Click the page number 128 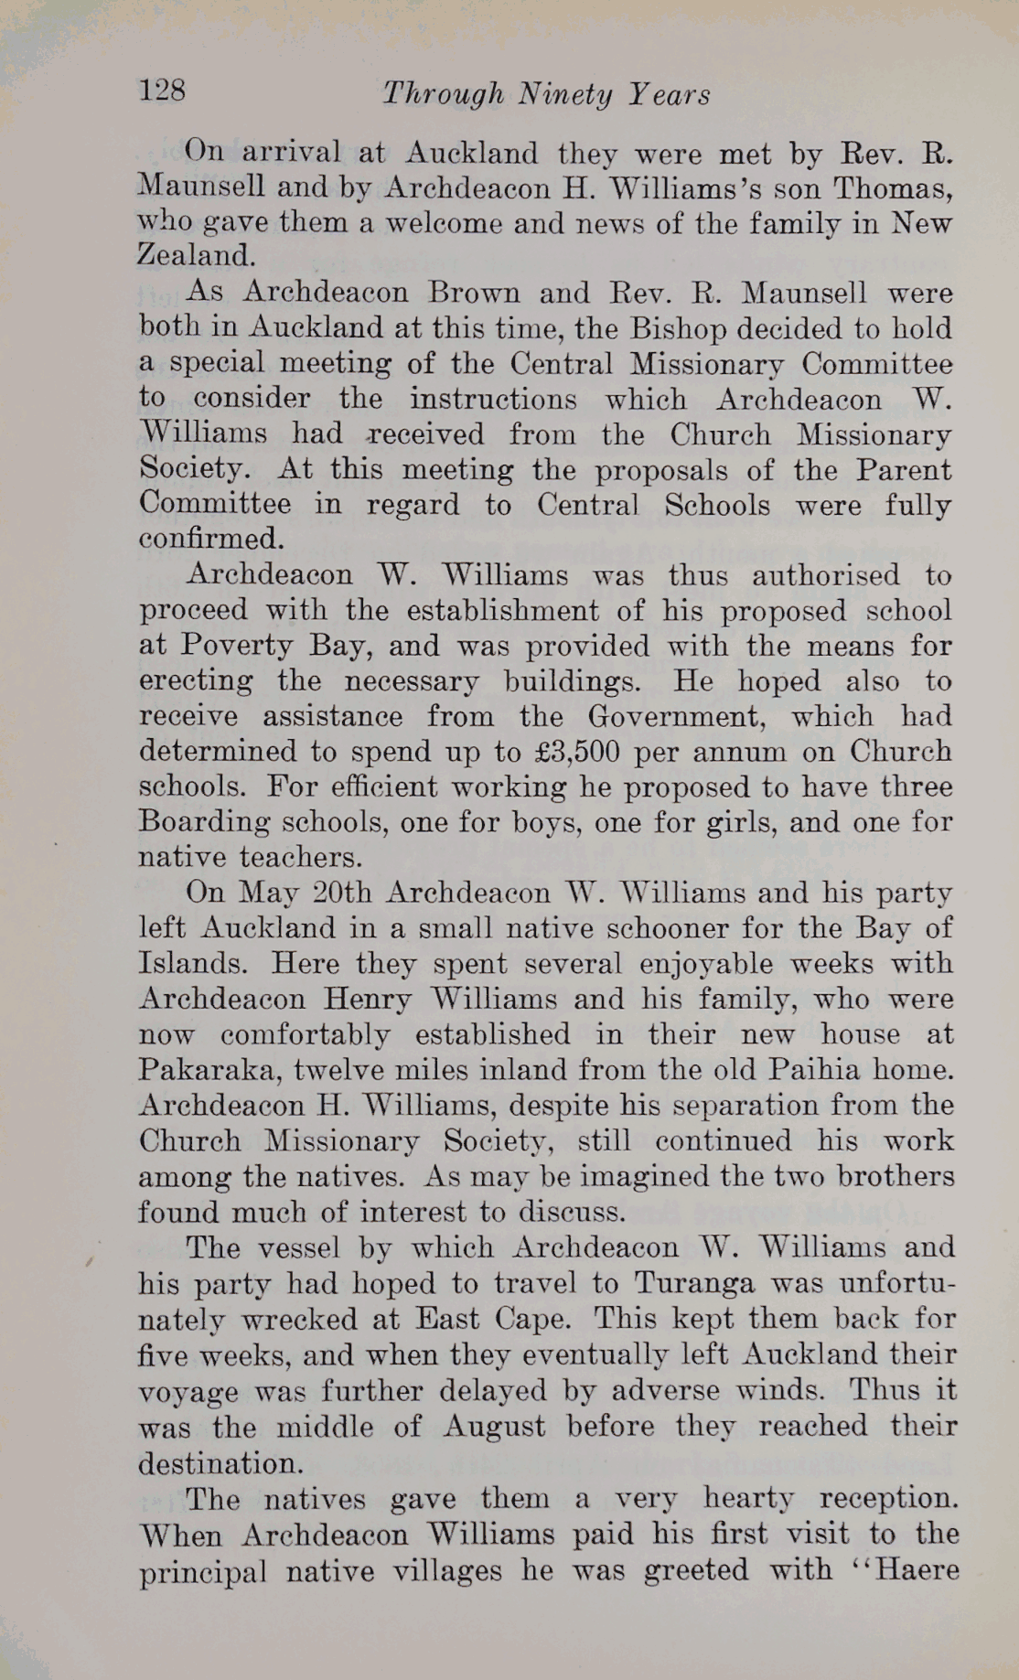click(163, 90)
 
